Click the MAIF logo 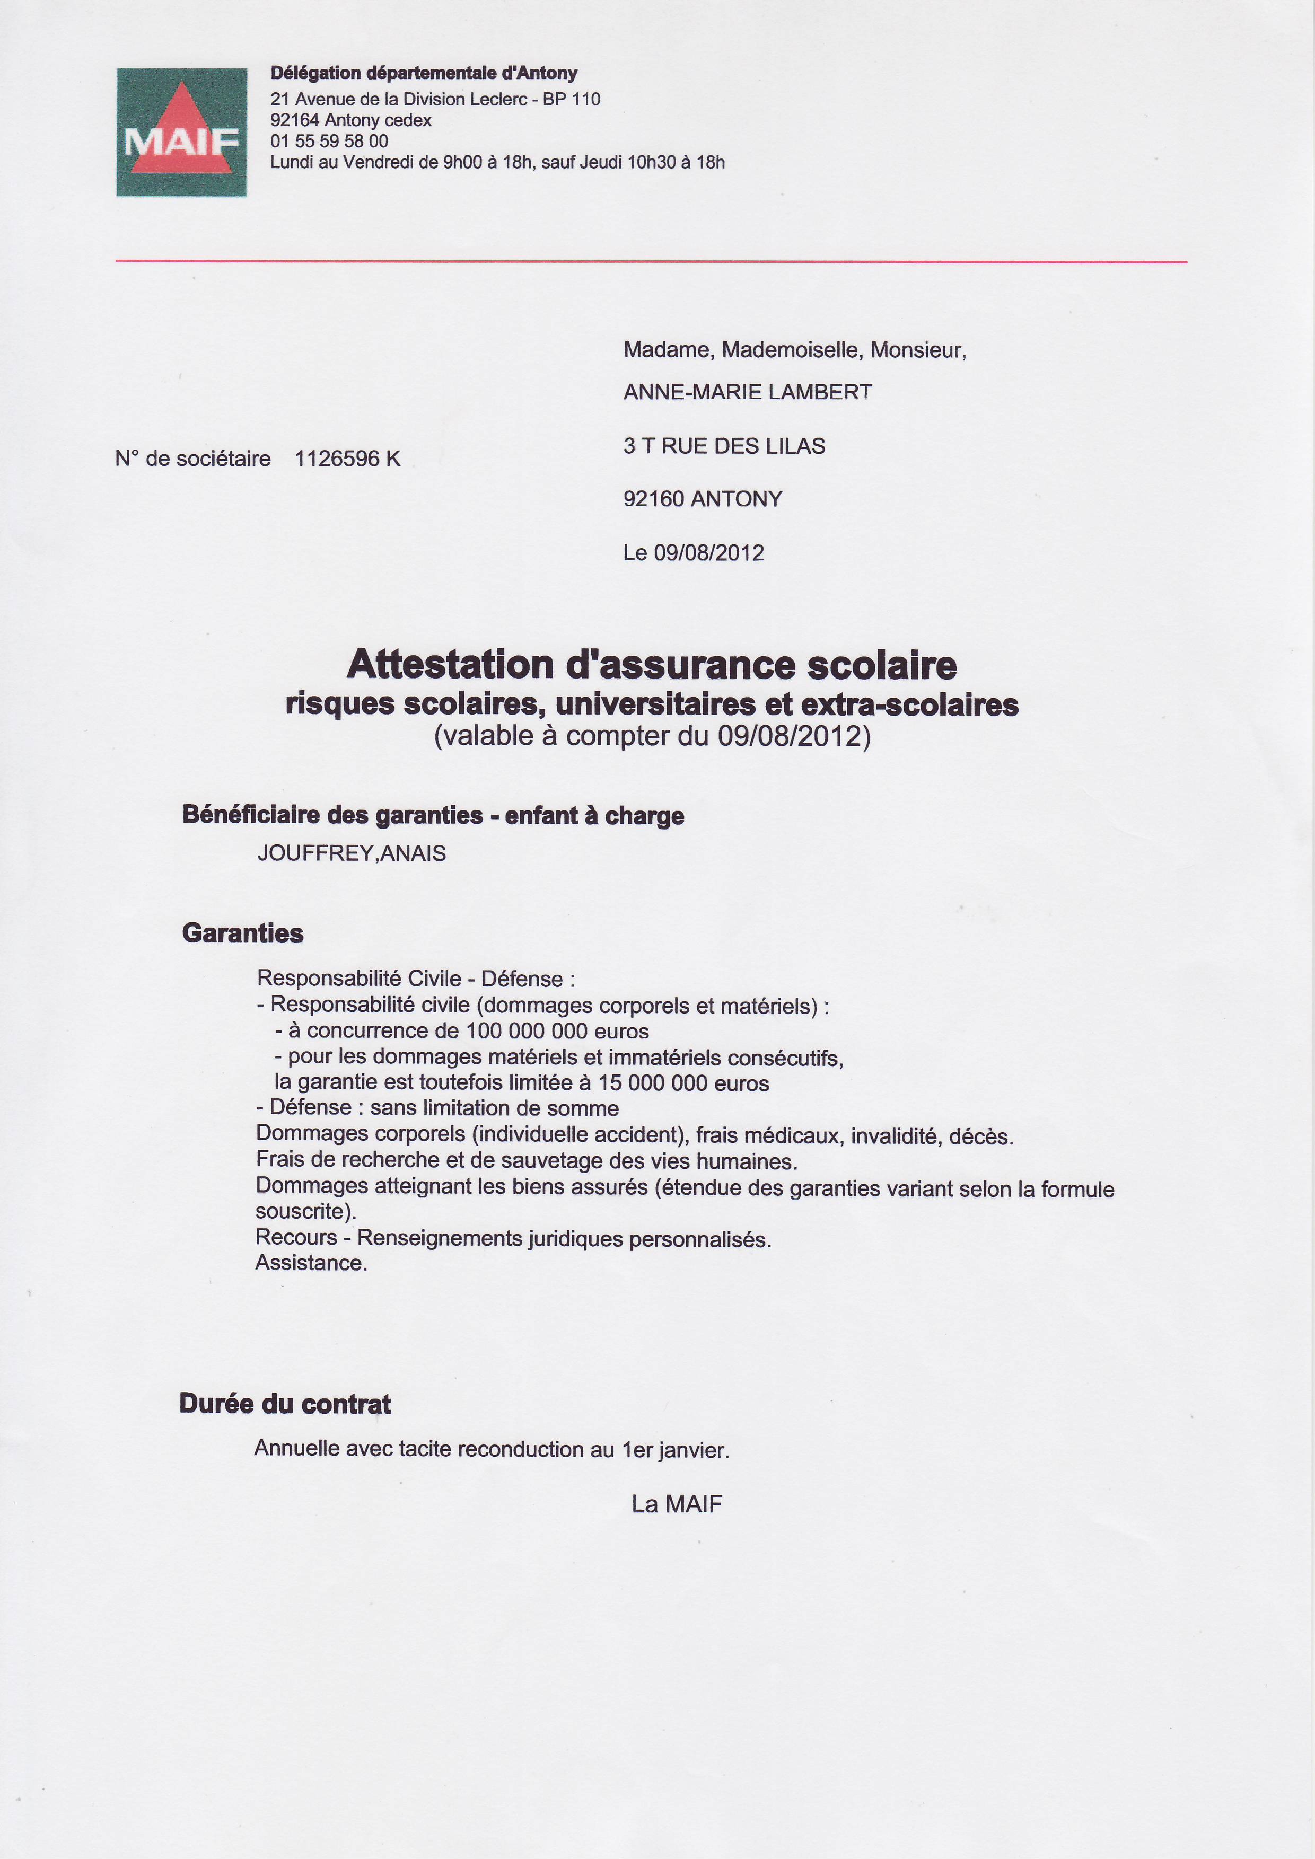[181, 132]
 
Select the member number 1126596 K [347, 459]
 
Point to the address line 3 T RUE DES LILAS [724, 446]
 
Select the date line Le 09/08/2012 [693, 553]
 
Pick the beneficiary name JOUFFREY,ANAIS [352, 853]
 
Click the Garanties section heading [243, 933]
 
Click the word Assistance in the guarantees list [311, 1263]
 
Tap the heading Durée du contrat [285, 1404]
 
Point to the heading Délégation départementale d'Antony [424, 73]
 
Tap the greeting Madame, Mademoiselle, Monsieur [794, 350]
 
